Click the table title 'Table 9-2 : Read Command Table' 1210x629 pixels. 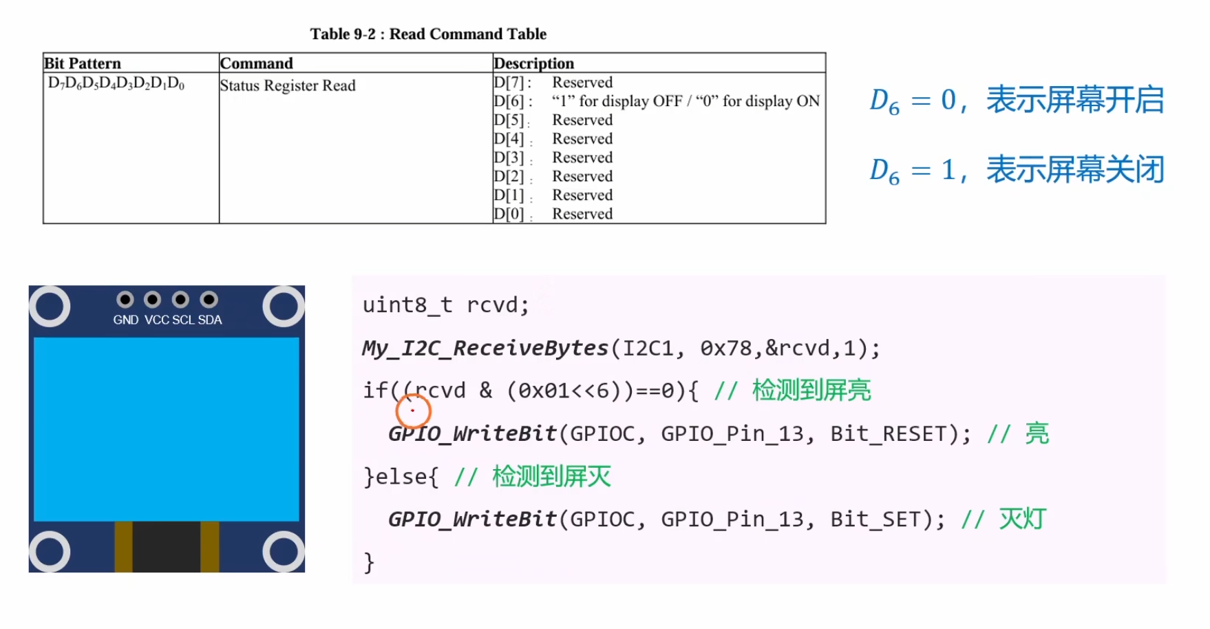tap(428, 34)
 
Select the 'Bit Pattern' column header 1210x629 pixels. tap(83, 63)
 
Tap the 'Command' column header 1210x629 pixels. tap(257, 63)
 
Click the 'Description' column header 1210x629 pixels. tap(534, 63)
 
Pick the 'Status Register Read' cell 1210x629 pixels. tap(288, 85)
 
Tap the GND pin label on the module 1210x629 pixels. tap(126, 320)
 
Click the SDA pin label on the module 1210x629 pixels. tap(210, 320)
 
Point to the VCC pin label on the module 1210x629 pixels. tap(157, 320)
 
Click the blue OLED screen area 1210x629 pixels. tap(167, 429)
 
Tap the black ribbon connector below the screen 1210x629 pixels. tap(167, 546)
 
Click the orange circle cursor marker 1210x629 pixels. tap(414, 411)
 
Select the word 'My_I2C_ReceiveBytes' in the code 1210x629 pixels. tap(485, 349)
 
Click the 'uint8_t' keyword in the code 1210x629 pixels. tap(407, 305)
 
